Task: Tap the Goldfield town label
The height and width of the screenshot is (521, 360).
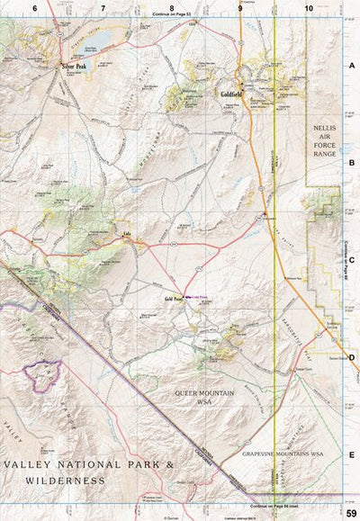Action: [230, 94]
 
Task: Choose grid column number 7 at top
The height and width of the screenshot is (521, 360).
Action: [103, 8]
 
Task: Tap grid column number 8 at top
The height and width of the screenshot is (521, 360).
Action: [171, 8]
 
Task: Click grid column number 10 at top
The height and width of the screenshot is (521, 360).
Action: [309, 8]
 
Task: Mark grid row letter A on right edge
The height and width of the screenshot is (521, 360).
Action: [352, 66]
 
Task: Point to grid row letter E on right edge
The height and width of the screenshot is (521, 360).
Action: [352, 454]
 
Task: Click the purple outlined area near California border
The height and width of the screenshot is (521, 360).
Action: [43, 372]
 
